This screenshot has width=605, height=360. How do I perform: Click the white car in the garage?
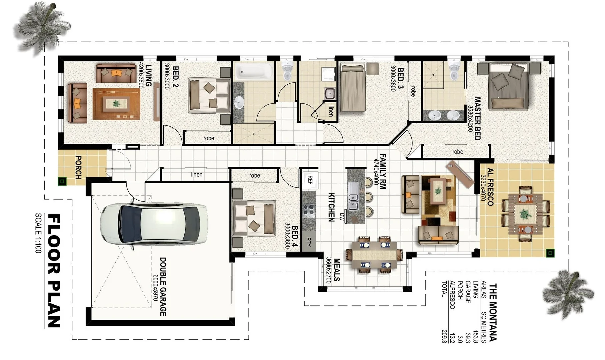(x=153, y=224)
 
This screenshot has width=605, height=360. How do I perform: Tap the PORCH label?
(x=79, y=167)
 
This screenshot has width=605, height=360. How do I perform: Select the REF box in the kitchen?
(x=310, y=180)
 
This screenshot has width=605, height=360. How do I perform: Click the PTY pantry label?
(x=309, y=242)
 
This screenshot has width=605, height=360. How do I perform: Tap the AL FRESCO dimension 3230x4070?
(x=482, y=188)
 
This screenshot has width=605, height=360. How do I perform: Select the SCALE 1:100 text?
(x=38, y=233)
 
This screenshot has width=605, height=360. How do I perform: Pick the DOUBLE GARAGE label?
(x=163, y=286)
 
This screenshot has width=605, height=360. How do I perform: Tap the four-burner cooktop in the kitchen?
(x=308, y=211)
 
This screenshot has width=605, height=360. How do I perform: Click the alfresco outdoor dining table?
(x=525, y=214)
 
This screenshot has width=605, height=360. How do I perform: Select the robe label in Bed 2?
(x=209, y=138)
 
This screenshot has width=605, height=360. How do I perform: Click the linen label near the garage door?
(x=197, y=174)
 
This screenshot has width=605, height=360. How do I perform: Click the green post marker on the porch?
(x=62, y=181)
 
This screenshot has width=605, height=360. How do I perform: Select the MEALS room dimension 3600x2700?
(x=329, y=270)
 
